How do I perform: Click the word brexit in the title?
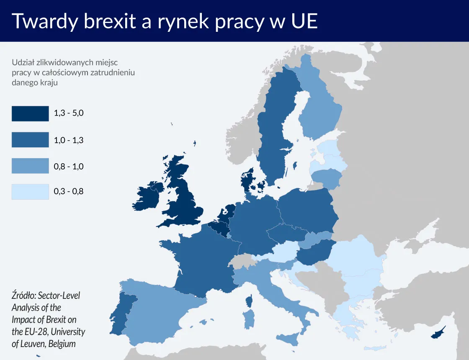coord(110,21)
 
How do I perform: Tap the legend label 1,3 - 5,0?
coord(69,113)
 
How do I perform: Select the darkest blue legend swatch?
coord(30,113)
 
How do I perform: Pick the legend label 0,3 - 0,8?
coord(69,192)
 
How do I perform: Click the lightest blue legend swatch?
coord(30,192)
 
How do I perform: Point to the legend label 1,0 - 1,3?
coord(69,140)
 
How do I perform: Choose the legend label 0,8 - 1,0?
coord(69,166)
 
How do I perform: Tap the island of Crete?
coord(375,348)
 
